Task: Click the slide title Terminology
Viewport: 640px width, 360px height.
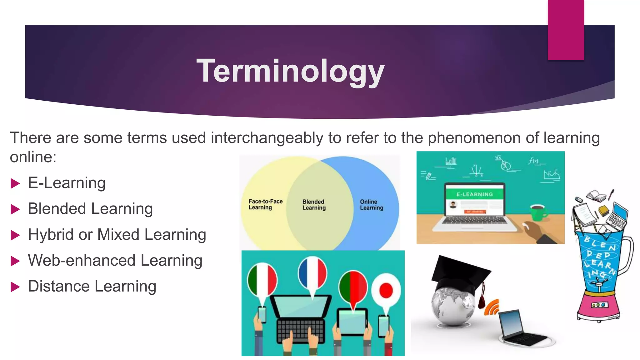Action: (x=290, y=71)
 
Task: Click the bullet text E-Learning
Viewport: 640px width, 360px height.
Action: (x=67, y=183)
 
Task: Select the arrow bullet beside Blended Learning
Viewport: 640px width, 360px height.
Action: (x=15, y=209)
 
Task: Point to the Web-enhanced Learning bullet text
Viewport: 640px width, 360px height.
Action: (x=115, y=261)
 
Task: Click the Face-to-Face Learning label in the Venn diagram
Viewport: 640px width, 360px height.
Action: (x=265, y=204)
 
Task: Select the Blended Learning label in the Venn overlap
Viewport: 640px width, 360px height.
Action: (x=314, y=205)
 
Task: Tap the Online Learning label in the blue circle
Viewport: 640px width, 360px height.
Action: (x=371, y=205)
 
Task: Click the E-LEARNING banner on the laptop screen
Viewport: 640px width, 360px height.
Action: (x=474, y=194)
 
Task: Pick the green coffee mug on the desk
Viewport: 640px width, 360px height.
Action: (x=538, y=212)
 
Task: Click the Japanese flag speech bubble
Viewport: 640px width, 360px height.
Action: (x=386, y=291)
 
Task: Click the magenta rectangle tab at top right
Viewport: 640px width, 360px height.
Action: (x=566, y=30)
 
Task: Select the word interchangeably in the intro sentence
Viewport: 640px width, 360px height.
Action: (x=267, y=138)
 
